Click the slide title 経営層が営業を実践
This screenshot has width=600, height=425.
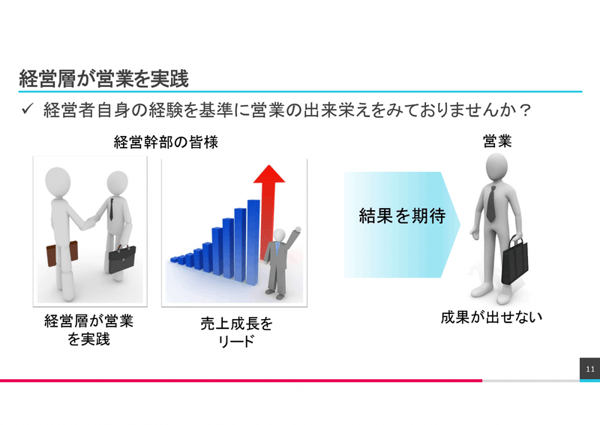pos(103,79)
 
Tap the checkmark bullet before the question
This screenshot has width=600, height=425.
pos(28,109)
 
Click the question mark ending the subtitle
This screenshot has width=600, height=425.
pos(525,110)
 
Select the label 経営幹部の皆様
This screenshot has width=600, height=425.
pos(166,143)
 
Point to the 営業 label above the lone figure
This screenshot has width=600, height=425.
pos(496,141)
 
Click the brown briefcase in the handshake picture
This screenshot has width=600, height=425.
pos(61,253)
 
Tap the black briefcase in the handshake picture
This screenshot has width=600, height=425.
pos(121,260)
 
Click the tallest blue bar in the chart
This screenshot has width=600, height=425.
pos(253,243)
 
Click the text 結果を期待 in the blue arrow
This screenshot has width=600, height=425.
pos(402,216)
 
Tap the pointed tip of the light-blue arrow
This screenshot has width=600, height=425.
pos(460,225)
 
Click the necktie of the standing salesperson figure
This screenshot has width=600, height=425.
pos(491,204)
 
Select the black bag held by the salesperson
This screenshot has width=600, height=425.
pos(514,261)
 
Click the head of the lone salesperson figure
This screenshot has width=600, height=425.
pos(496,167)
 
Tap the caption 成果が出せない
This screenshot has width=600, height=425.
pos(491,318)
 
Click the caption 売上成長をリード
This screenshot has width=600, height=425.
pos(236,332)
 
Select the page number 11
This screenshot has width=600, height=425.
pos(590,369)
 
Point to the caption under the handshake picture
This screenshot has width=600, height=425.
pos(88,330)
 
